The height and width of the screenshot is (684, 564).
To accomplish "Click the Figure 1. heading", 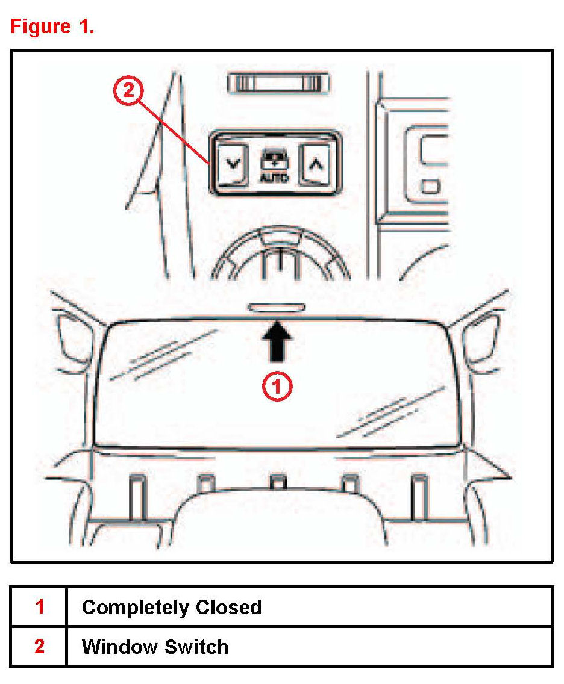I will point(52,27).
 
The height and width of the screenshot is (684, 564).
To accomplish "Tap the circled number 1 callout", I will point(277,387).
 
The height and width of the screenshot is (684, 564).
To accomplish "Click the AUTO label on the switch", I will point(274,178).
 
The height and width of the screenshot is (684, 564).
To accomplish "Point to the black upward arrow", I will point(277,342).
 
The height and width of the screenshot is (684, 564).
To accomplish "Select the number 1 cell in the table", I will point(39,606).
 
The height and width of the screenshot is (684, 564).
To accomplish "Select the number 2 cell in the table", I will point(39,647).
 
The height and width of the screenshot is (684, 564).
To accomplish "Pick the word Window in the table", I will point(118,647).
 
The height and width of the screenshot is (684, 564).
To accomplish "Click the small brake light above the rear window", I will point(277,308).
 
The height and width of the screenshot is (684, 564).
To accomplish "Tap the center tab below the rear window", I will point(277,482).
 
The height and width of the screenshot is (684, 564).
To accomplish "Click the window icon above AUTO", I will point(274,161).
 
